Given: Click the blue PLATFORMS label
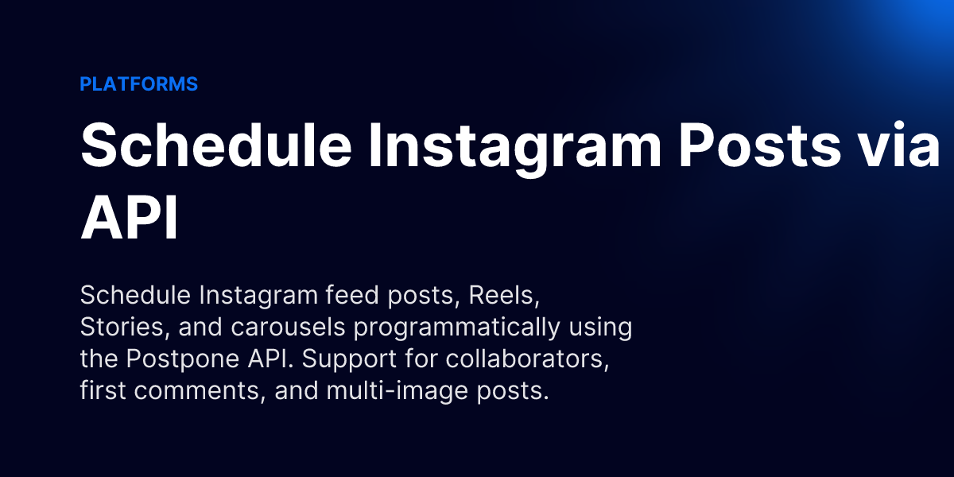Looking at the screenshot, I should pos(138,84).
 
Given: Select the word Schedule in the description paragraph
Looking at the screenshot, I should pos(135,296).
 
